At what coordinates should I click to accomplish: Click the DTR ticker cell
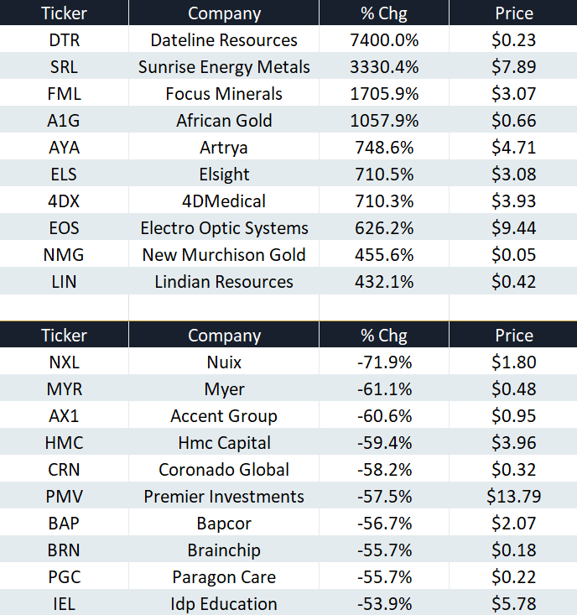coord(65,40)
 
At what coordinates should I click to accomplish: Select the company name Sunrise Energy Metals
coord(224,67)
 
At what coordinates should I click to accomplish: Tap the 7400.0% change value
coord(384,40)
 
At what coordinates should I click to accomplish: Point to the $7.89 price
coord(514,66)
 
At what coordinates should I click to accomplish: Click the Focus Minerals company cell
coord(224,94)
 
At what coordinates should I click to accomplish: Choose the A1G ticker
coord(64,121)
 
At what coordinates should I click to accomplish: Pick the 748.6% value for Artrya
coord(384,148)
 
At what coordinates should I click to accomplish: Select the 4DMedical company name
coord(224,201)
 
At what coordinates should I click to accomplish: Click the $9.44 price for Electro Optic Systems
coord(514,228)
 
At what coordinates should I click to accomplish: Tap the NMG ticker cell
coord(64,255)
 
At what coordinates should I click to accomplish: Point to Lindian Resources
coord(224,282)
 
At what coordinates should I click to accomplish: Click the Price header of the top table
coord(514,13)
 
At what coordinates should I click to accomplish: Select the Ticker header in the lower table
coord(65,336)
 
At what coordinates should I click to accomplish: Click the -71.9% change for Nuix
coord(384,362)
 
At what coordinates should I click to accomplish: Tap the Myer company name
coord(224,389)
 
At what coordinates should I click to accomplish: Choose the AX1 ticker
coord(64,416)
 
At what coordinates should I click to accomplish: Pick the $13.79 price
coord(514,497)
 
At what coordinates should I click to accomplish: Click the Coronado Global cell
coord(224,470)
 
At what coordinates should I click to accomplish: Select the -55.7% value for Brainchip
coord(384,550)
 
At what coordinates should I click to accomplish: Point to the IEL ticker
coord(64,603)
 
